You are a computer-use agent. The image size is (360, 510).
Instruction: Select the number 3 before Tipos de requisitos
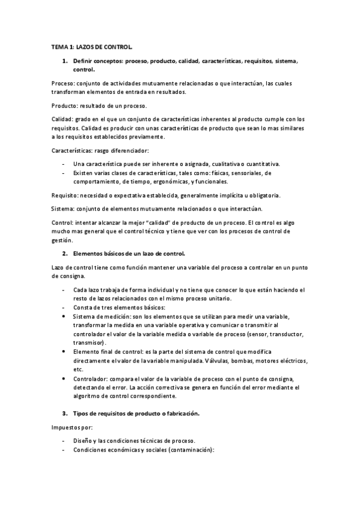(x=64, y=414)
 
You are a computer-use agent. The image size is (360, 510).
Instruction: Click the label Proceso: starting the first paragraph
(x=63, y=83)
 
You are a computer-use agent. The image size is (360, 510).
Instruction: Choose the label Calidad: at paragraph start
(x=63, y=120)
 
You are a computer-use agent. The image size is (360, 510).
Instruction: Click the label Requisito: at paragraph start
(x=66, y=195)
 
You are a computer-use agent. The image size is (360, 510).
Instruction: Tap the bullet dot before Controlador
(x=64, y=379)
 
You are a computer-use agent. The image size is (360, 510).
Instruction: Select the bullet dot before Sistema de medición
(x=64, y=316)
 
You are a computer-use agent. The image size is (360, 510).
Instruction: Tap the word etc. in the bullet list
(x=78, y=369)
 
